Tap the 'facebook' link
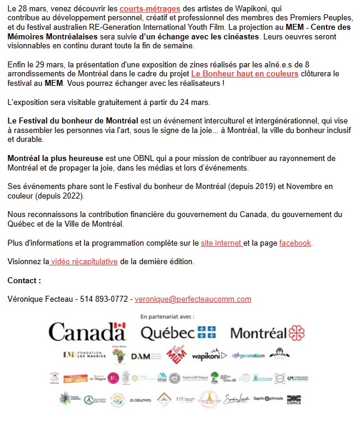pos(295,243)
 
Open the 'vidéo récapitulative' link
pos(84,261)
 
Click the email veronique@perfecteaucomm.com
pos(193,299)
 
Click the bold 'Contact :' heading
pos(24,280)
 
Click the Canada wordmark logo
pos(87,331)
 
